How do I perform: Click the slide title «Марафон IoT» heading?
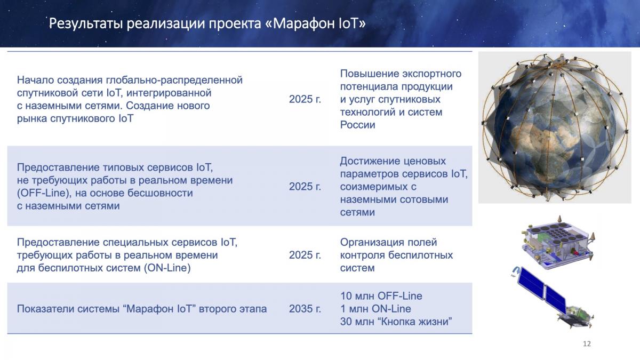[207, 23]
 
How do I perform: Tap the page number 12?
[587, 343]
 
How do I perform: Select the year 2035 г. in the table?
[305, 309]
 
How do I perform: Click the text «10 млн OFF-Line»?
[381, 295]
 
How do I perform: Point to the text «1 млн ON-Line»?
[375, 309]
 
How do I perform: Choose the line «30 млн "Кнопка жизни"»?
[396, 322]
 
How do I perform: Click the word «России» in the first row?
[357, 125]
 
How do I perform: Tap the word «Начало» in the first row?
[35, 80]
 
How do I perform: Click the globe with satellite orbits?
[555, 127]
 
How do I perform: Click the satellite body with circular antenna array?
[557, 242]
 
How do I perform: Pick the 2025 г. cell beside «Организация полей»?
[305, 255]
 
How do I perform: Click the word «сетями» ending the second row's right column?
[357, 212]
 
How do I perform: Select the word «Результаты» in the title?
[85, 23]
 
